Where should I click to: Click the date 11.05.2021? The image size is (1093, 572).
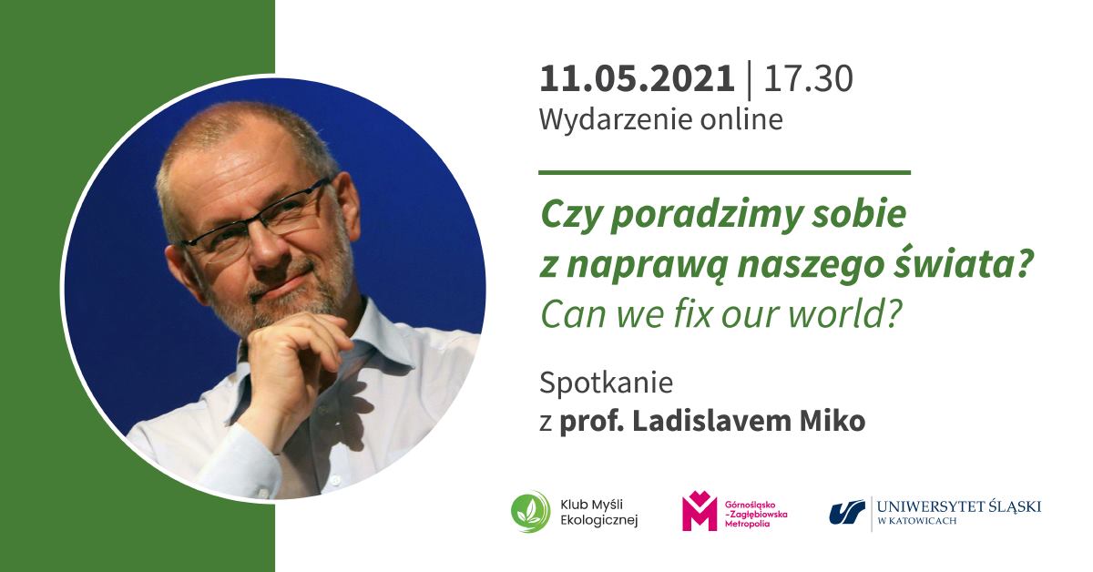tap(636, 79)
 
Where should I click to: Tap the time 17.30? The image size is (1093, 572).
tap(808, 79)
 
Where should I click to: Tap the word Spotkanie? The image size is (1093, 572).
tap(606, 383)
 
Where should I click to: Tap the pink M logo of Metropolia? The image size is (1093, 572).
tap(700, 511)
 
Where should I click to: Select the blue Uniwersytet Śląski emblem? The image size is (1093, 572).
tap(846, 512)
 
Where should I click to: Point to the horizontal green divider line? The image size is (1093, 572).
tap(724, 171)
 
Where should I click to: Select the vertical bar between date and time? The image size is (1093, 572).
tap(749, 79)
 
